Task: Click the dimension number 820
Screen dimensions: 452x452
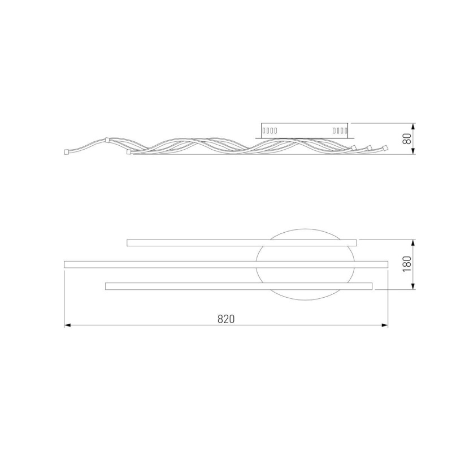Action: click(x=226, y=319)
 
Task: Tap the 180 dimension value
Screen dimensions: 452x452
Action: click(x=407, y=264)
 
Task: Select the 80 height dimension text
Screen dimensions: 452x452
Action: click(x=407, y=138)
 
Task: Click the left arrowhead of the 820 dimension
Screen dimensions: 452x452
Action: click(x=67, y=325)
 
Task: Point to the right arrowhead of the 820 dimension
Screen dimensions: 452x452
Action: click(x=385, y=325)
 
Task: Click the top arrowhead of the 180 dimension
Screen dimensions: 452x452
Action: click(x=414, y=242)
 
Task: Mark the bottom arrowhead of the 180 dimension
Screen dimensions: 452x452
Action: click(x=414, y=286)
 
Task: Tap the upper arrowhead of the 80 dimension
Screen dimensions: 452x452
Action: click(x=414, y=127)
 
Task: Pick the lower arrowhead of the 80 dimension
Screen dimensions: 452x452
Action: click(x=414, y=151)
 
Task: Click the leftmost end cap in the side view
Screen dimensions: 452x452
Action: click(x=66, y=152)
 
